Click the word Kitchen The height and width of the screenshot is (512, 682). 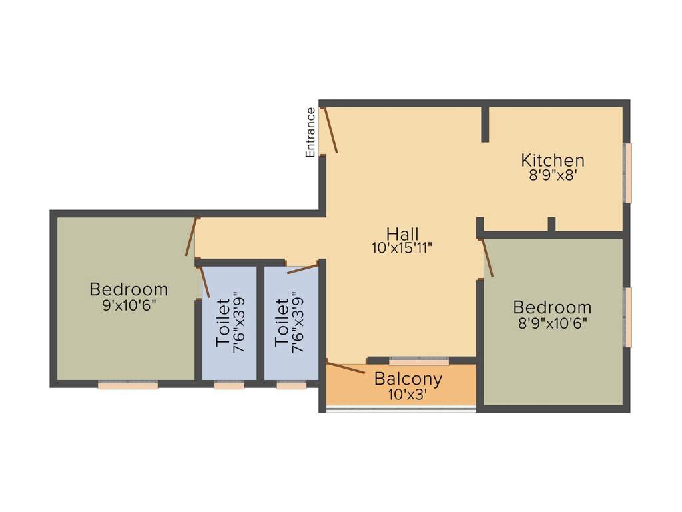pyautogui.click(x=553, y=160)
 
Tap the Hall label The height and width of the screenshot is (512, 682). pyautogui.click(x=403, y=234)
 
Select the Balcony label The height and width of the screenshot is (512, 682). pyautogui.click(x=408, y=379)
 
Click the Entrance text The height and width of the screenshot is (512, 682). pyautogui.click(x=310, y=133)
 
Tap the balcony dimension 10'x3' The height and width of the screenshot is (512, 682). pyautogui.click(x=408, y=394)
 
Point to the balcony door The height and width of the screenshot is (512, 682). pyautogui.click(x=346, y=367)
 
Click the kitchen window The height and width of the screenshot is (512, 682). pyautogui.click(x=627, y=173)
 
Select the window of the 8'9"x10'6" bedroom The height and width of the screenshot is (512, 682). pyautogui.click(x=627, y=317)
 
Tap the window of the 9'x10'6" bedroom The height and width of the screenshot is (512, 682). pyautogui.click(x=128, y=385)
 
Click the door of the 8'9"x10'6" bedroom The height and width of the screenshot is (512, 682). pyautogui.click(x=488, y=259)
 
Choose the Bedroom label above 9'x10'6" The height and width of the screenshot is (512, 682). pyautogui.click(x=129, y=290)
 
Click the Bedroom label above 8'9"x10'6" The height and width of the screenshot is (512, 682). pyautogui.click(x=552, y=307)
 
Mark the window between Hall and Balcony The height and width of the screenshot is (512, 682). pyautogui.click(x=419, y=361)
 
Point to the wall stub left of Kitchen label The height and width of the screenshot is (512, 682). pyautogui.click(x=485, y=123)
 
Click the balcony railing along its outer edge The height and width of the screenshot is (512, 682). pyautogui.click(x=400, y=409)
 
